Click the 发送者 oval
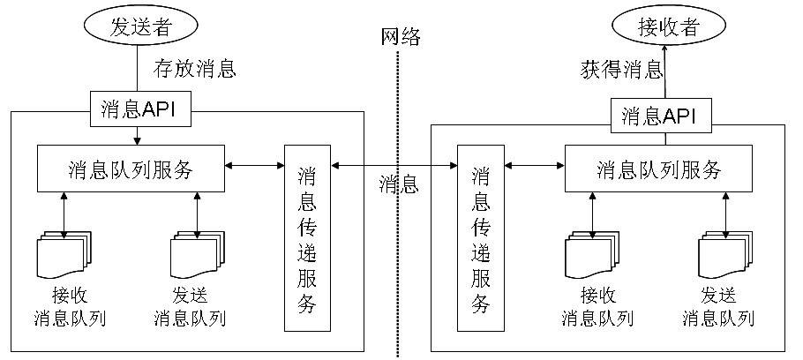point(138,26)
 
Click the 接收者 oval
point(667,26)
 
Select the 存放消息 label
point(195,68)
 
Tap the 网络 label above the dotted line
point(401,36)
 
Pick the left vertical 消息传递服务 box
point(306,238)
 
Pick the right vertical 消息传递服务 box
point(481,238)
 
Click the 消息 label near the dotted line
point(399,184)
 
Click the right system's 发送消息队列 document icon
point(724,255)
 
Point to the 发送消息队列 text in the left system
point(190,306)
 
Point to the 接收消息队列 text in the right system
point(597,306)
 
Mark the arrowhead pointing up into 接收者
point(665,52)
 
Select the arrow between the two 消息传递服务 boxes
point(394,165)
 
